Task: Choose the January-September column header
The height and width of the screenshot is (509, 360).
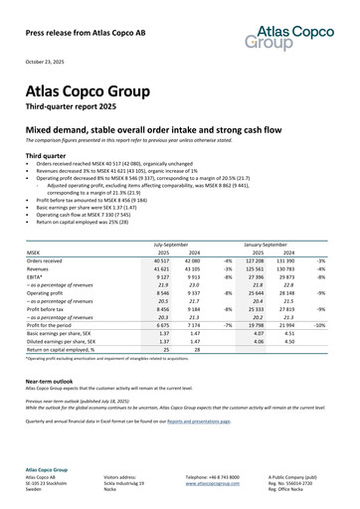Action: (x=262, y=243)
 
